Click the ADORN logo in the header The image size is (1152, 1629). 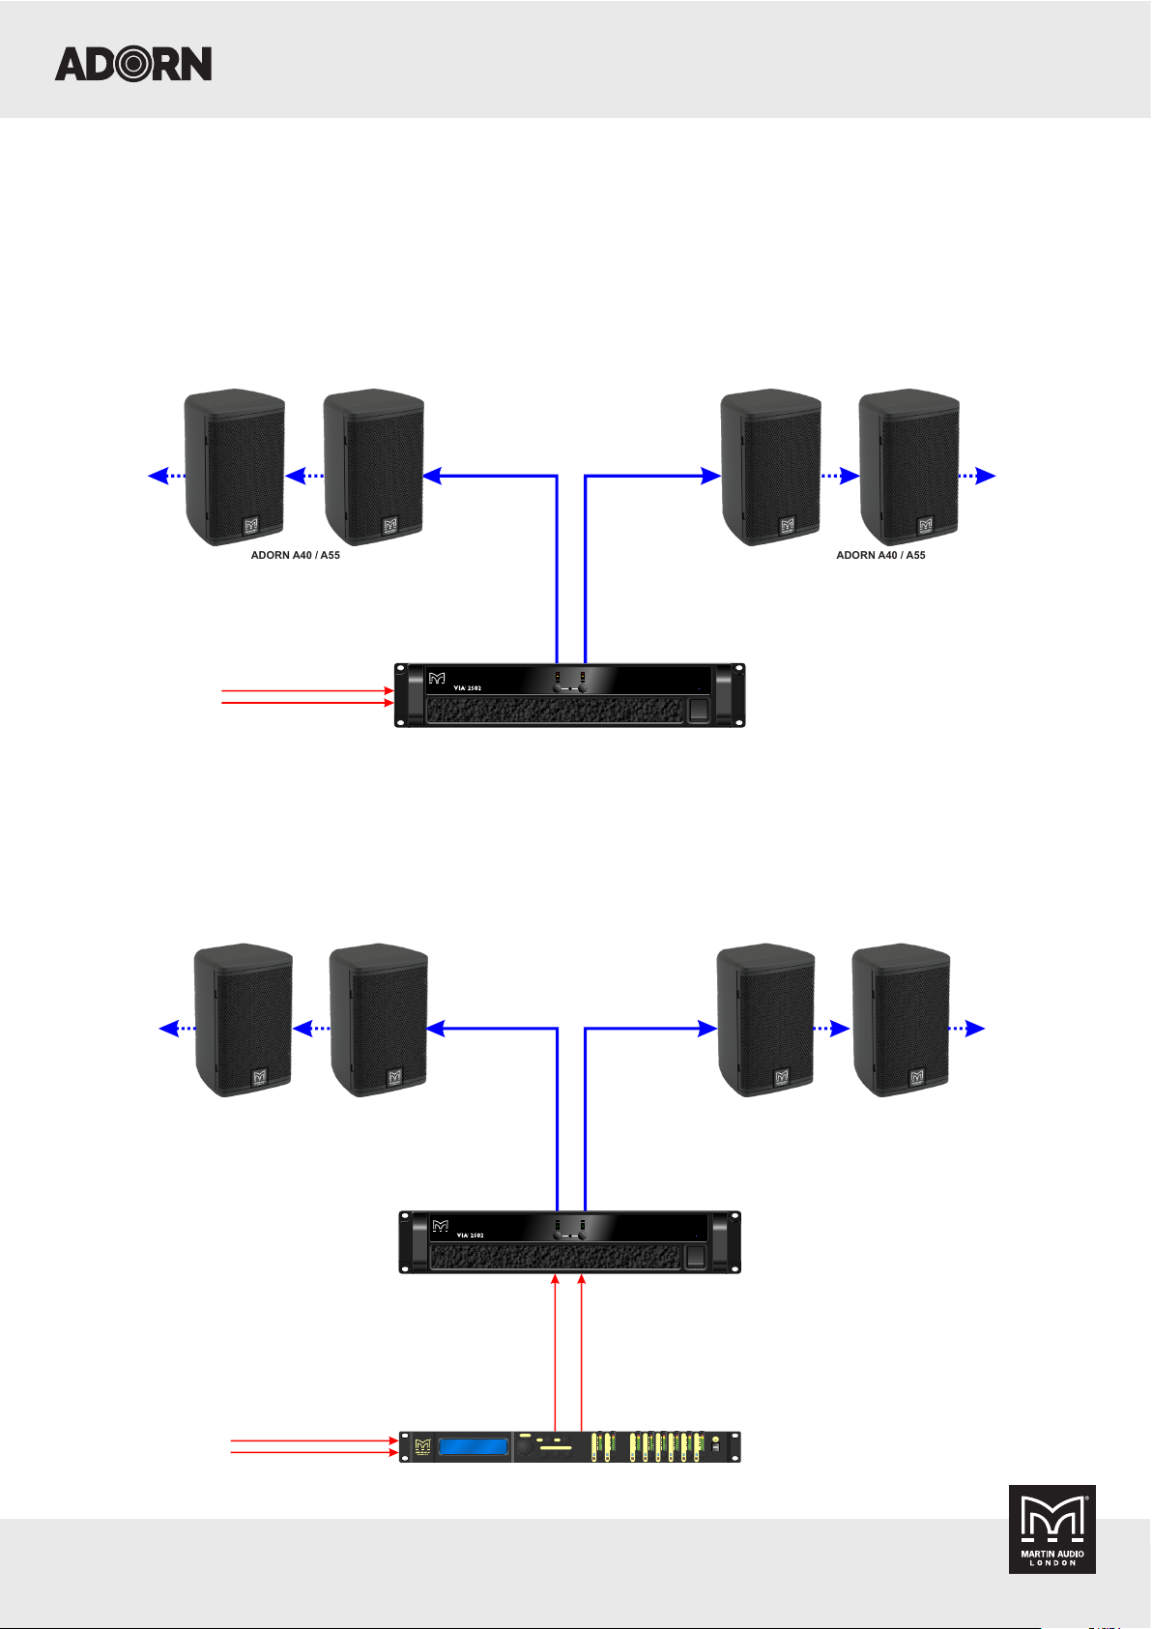point(133,64)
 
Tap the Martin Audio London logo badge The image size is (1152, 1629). point(1052,1528)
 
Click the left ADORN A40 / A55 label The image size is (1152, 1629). point(296,556)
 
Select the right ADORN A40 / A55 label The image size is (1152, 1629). point(880,556)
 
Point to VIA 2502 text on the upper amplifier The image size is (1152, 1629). point(468,687)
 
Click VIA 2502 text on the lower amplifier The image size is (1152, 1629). point(471,1236)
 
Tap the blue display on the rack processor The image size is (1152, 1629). point(474,1447)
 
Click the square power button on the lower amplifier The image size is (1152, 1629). point(695,1258)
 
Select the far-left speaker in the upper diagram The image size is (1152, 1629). point(234,467)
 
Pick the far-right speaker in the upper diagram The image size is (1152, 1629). point(909,467)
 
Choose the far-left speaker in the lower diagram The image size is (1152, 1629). point(244,1020)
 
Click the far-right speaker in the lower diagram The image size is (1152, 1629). point(901,1020)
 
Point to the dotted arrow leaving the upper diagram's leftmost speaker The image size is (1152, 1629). point(165,476)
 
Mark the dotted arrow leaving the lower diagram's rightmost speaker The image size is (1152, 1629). point(967,1030)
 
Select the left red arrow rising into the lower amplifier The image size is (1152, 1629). point(556,1353)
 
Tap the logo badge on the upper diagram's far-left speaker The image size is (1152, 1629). point(251,526)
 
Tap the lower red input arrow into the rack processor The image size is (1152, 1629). point(314,1452)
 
